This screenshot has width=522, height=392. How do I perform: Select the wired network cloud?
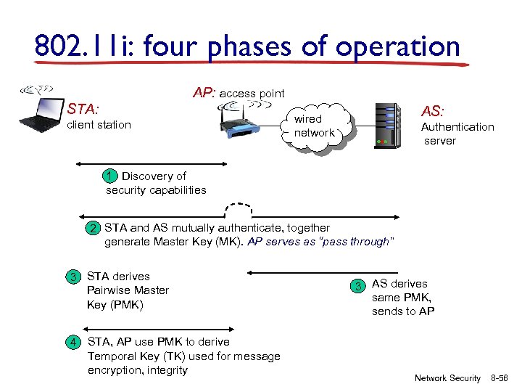pyautogui.click(x=315, y=126)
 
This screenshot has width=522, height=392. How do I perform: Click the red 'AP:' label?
pyautogui.click(x=204, y=93)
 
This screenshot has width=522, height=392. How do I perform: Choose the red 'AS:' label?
pyautogui.click(x=434, y=112)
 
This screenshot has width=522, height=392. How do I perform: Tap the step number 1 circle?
pyautogui.click(x=109, y=176)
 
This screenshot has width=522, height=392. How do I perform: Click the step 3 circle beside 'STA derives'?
pyautogui.click(x=73, y=277)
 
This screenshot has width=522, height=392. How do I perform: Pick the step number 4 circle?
pyautogui.click(x=73, y=342)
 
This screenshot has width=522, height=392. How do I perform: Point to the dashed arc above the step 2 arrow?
pyautogui.click(x=239, y=208)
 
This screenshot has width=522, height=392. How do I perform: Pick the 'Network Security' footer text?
pyautogui.click(x=447, y=378)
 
